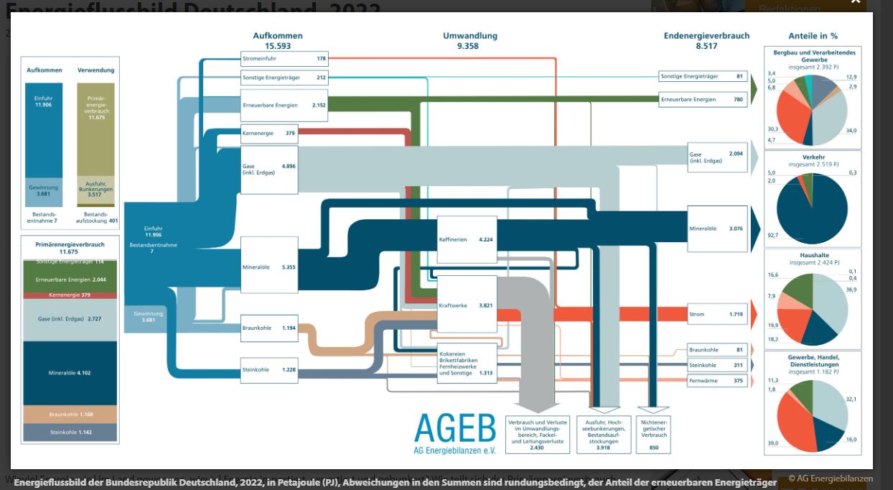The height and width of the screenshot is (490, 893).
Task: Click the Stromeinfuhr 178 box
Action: pyautogui.click(x=284, y=58)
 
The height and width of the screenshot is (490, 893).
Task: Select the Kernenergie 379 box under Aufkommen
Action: pyautogui.click(x=269, y=133)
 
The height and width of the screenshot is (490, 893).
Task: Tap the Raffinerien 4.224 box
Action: pyautogui.click(x=467, y=239)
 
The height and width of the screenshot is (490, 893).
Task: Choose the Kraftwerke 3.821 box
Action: pyautogui.click(x=467, y=305)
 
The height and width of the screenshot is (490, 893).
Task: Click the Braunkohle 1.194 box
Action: pyautogui.click(x=269, y=328)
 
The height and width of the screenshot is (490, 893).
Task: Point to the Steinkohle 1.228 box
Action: pyautogui.click(x=269, y=369)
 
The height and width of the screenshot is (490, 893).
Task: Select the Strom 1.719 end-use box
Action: pyautogui.click(x=717, y=314)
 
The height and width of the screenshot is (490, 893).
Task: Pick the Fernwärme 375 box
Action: pyautogui.click(x=717, y=381)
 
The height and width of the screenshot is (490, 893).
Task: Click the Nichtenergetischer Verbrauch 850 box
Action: pyautogui.click(x=653, y=434)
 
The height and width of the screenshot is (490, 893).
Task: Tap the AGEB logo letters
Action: pyautogui.click(x=454, y=428)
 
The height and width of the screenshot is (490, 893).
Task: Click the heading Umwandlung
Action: pyautogui.click(x=469, y=35)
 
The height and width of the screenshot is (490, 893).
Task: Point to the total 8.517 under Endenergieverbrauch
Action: pyautogui.click(x=706, y=46)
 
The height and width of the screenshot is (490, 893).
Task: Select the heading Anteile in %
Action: pyautogui.click(x=813, y=35)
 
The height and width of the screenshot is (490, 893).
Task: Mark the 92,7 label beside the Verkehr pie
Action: pyautogui.click(x=772, y=235)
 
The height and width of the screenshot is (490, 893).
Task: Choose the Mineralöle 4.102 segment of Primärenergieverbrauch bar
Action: pyautogui.click(x=70, y=373)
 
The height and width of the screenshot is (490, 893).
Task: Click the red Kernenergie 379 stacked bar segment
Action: pyautogui.click(x=70, y=295)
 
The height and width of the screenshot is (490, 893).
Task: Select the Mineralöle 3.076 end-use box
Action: pyautogui.click(x=717, y=228)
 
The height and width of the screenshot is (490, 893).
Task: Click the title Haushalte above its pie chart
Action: pyautogui.click(x=813, y=255)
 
